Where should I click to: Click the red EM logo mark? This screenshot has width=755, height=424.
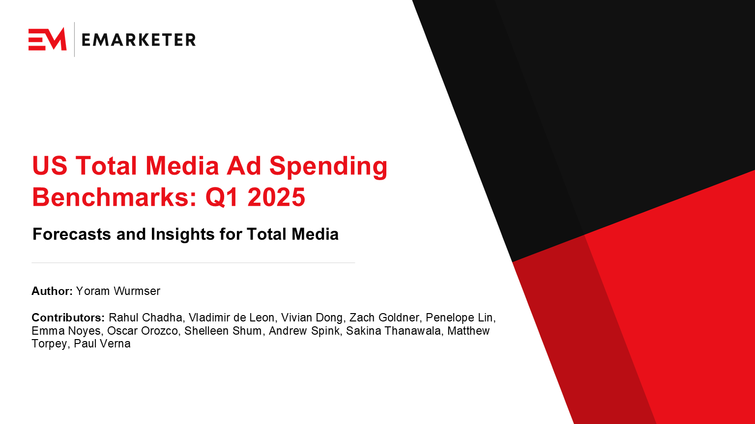click(x=47, y=39)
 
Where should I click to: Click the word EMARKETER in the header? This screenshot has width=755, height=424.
click(x=139, y=40)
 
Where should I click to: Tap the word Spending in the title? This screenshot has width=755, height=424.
click(x=328, y=166)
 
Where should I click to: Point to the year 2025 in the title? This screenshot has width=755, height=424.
click(x=276, y=197)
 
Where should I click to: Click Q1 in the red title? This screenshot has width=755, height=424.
click(x=222, y=197)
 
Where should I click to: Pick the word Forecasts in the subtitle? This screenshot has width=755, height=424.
click(x=72, y=234)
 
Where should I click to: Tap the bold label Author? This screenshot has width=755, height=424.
click(x=52, y=291)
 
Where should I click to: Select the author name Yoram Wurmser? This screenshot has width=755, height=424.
click(x=118, y=291)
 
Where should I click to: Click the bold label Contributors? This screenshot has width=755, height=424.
click(x=68, y=318)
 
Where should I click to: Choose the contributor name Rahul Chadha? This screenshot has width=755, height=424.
click(x=145, y=318)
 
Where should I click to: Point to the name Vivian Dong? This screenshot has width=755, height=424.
click(x=312, y=318)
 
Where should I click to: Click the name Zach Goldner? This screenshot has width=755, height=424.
click(x=384, y=318)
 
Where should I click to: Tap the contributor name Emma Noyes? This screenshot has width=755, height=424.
click(x=66, y=331)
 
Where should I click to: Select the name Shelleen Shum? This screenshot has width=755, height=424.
click(x=223, y=331)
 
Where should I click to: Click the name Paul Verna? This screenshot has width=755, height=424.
click(x=102, y=344)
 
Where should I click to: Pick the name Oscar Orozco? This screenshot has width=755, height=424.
click(x=143, y=331)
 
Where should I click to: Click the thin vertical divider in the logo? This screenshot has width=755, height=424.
click(x=75, y=39)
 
